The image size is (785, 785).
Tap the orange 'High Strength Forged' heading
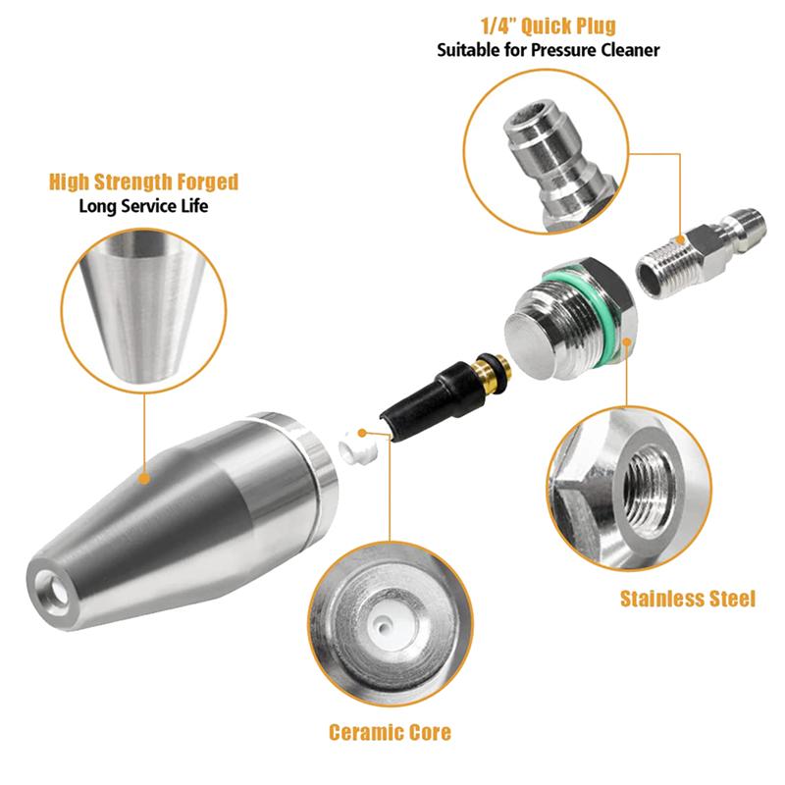(x=143, y=183)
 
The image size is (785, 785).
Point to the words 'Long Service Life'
(x=143, y=206)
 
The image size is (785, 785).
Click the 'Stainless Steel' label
(x=687, y=599)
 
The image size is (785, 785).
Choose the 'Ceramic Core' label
(x=390, y=732)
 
